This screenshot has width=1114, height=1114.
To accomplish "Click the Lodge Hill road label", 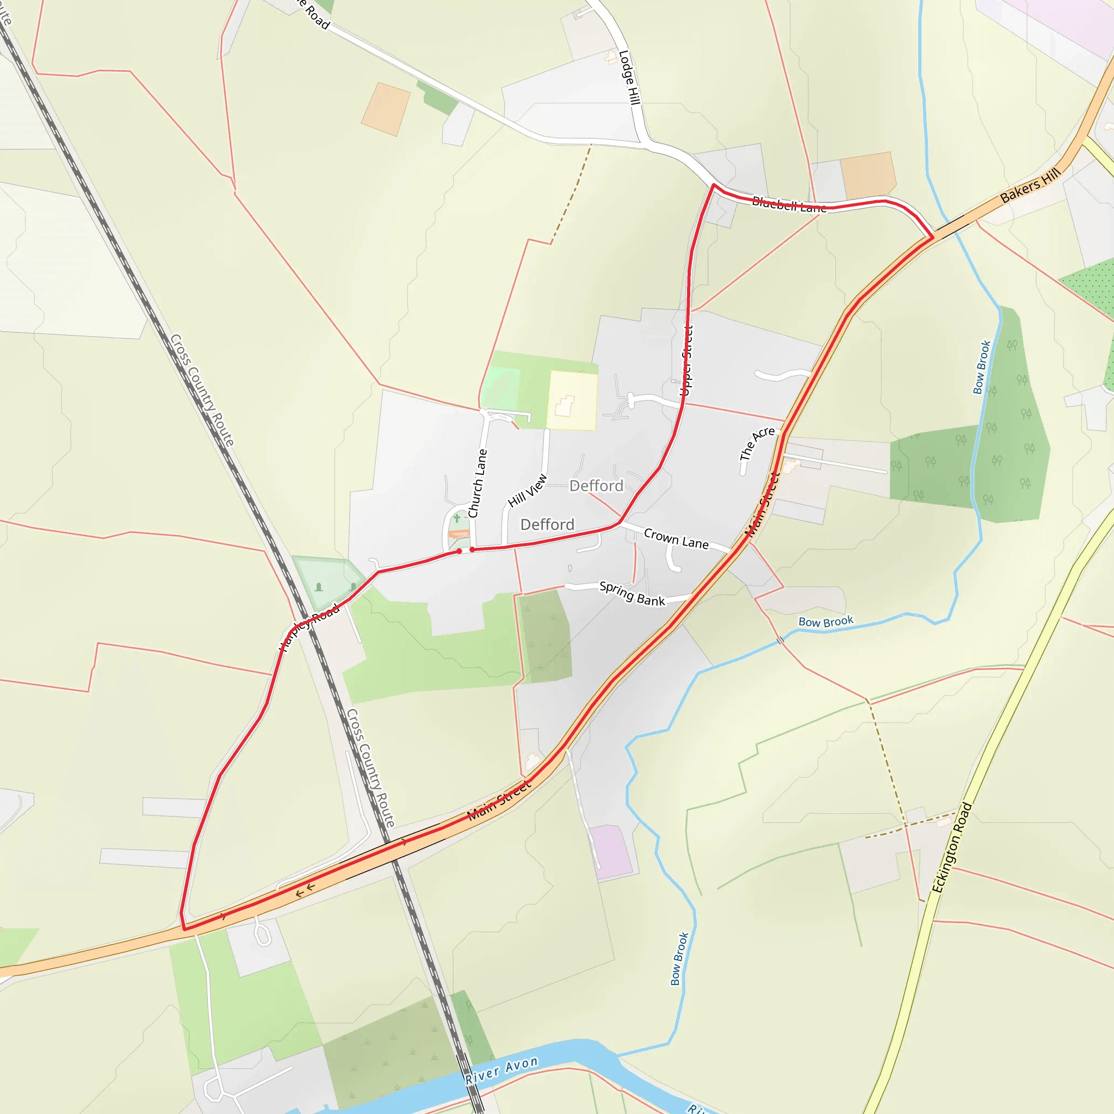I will coord(630,78).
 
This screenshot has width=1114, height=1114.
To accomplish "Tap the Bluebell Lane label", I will coord(789,205).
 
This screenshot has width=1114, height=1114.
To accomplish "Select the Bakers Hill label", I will coord(1030,185).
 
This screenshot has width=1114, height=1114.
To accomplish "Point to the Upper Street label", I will coord(687,361).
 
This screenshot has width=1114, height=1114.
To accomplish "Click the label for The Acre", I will coord(757,443).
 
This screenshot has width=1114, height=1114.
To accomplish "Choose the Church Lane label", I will coord(478,483).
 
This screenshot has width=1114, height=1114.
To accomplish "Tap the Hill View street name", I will coord(527,490).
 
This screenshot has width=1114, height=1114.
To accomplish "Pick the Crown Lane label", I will coord(676,539).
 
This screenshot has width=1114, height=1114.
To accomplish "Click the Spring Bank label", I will coord(632,593).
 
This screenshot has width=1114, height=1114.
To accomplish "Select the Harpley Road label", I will coord(310,627).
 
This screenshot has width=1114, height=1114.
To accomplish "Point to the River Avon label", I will coord(502,1070).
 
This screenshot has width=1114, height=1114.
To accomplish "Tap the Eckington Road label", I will coord(952,847).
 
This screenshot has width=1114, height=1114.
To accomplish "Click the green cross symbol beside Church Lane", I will coord(457,518).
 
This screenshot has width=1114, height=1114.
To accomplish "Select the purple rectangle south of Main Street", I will coord(612,852).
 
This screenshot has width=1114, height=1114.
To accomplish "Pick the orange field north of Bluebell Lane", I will coord(868,174).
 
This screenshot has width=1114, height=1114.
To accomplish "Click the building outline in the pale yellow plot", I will coord(565,406).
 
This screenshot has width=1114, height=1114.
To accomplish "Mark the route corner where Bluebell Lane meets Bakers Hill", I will coord(932,237).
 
